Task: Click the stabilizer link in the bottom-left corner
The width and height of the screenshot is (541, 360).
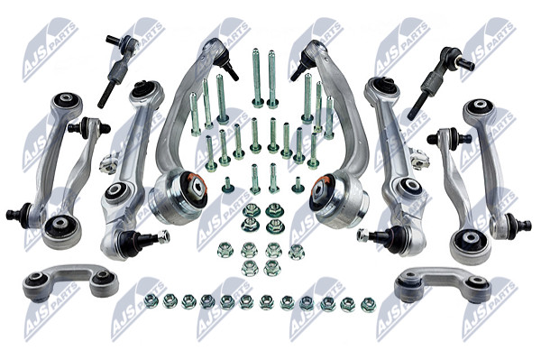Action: [70, 282]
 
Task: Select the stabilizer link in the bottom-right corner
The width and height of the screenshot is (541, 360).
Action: [443, 283]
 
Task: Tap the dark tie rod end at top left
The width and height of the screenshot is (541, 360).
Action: [118, 70]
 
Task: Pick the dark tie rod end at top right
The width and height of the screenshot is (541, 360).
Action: [440, 82]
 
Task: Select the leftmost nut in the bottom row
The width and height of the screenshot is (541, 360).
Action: [151, 300]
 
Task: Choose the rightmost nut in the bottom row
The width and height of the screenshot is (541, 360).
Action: [368, 304]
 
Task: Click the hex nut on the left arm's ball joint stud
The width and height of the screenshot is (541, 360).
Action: [163, 236]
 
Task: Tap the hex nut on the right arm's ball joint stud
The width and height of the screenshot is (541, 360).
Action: [362, 235]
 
